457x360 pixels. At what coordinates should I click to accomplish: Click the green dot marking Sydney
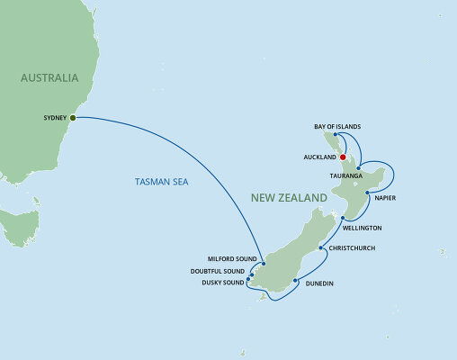[73, 117]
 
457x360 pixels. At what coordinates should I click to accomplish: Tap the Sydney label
[54, 117]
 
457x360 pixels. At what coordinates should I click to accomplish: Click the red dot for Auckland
[343, 155]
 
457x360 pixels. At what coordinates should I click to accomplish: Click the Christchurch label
[352, 247]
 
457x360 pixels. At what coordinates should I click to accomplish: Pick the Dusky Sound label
[222, 282]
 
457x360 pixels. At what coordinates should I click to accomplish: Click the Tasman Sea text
[160, 182]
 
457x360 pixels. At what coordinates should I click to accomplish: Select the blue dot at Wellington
[343, 218]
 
